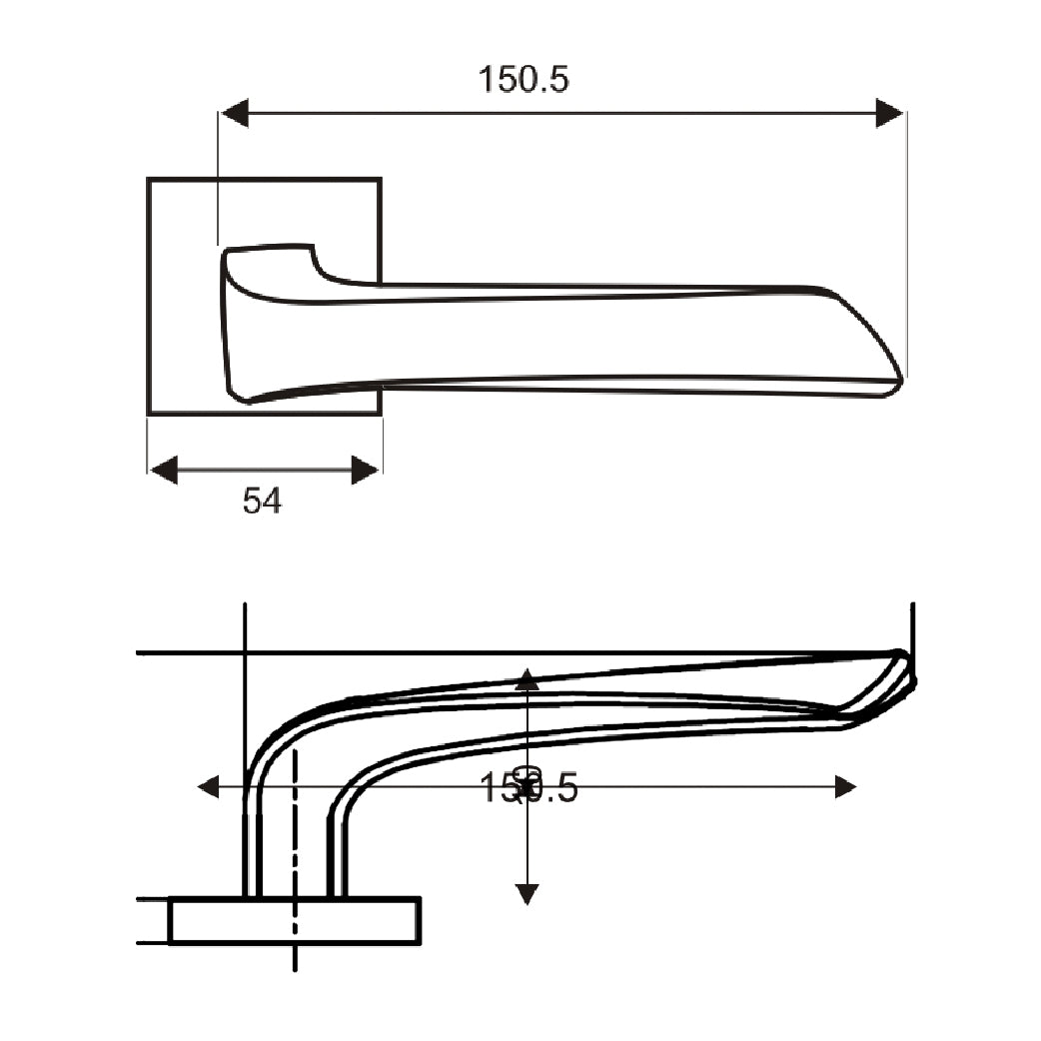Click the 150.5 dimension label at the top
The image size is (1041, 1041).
(523, 79)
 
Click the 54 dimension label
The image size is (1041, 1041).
(262, 501)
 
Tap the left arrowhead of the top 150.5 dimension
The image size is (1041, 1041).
(235, 113)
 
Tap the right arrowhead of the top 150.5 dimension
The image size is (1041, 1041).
(889, 113)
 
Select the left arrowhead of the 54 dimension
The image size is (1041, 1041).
(163, 470)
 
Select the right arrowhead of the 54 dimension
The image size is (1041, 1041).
(366, 470)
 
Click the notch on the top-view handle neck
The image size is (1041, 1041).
(318, 266)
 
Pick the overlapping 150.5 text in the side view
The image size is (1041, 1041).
(529, 788)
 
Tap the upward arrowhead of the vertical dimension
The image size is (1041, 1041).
(527, 681)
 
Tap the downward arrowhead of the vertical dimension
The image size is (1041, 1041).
(527, 893)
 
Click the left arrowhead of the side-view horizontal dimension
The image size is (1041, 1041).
(209, 787)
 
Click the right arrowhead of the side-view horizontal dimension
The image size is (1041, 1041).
(845, 787)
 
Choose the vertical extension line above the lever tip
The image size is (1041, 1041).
(912, 624)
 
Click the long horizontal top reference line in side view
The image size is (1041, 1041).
(500, 652)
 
